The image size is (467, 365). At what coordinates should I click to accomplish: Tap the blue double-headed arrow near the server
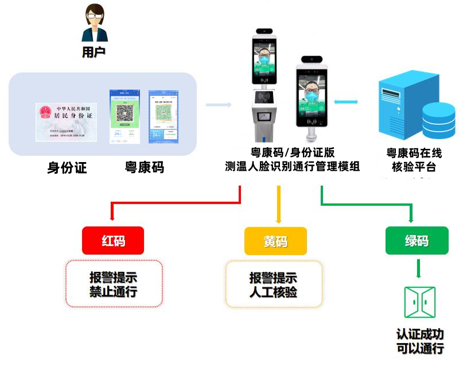point(347,102)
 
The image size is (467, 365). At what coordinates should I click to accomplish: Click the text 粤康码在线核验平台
point(414,160)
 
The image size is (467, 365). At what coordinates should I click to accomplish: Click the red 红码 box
point(113,241)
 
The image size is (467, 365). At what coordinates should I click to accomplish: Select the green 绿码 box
point(417,241)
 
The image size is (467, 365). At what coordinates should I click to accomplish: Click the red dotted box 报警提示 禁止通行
point(114,284)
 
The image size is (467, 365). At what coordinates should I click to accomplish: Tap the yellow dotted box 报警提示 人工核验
point(274,285)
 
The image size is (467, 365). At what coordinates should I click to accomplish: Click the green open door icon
point(419,302)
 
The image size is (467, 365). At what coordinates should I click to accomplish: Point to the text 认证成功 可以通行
point(420,341)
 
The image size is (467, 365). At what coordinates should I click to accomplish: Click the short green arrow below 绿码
point(418,268)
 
